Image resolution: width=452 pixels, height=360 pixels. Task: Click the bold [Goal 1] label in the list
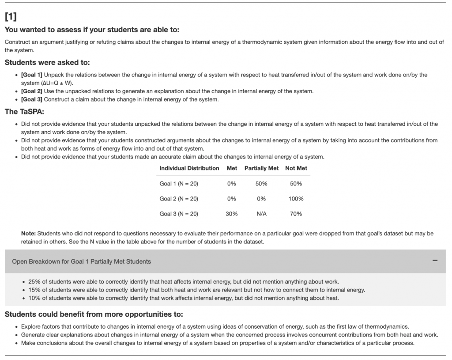[x=32, y=75]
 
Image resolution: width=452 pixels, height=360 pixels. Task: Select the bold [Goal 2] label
[x=32, y=91]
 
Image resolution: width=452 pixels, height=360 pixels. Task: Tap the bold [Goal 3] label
[x=32, y=99]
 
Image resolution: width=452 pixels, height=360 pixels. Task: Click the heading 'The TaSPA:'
[x=24, y=112]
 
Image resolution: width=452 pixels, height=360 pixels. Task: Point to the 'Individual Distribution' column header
[x=189, y=168]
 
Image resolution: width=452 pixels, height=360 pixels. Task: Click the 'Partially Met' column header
[x=261, y=168]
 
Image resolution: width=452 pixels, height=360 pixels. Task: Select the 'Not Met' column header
[x=296, y=168]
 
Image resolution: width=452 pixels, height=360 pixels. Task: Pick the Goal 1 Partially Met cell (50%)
[x=261, y=184]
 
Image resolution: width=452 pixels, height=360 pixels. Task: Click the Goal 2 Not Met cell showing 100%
[x=296, y=199]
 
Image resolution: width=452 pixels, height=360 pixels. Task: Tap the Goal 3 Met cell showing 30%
[x=232, y=214]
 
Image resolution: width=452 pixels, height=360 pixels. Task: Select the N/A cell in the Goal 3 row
[x=261, y=214]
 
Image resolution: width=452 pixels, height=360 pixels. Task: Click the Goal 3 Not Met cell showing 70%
[x=296, y=214]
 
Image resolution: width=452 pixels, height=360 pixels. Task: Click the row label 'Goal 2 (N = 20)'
[x=179, y=199]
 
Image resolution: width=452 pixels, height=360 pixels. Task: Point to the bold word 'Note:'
[x=29, y=233]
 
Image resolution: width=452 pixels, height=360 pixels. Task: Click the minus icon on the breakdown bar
[x=435, y=261]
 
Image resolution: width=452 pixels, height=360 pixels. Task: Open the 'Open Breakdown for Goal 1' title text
[x=81, y=261]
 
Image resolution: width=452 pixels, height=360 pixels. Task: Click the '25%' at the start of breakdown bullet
[x=34, y=281]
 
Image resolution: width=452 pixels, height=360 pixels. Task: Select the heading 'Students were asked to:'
[x=47, y=63]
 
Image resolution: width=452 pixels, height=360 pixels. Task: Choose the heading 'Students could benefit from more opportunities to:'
[x=94, y=315]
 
